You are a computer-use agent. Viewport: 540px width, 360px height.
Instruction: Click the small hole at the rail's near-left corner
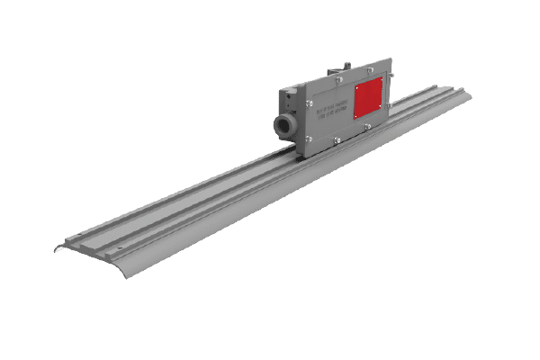[x=79, y=236]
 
